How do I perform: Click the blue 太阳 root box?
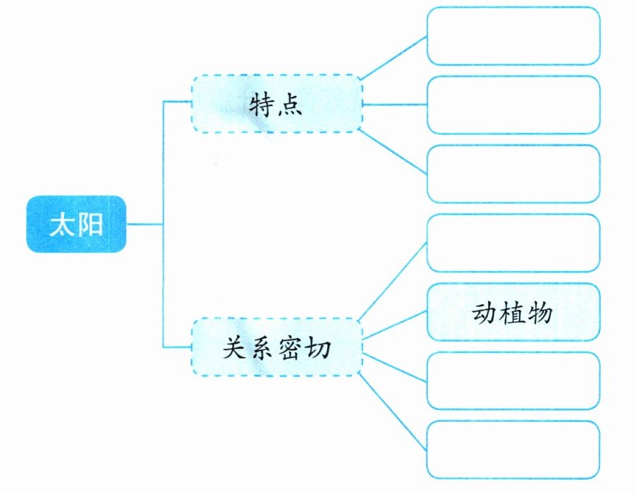(76, 225)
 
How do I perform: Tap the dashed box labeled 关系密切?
(276, 347)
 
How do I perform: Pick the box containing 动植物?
(513, 312)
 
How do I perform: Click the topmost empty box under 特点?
(513, 36)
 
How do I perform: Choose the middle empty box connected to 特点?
(513, 105)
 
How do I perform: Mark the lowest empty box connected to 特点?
(513, 173)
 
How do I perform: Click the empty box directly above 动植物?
(513, 244)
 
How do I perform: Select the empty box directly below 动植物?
(513, 381)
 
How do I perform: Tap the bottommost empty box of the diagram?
(513, 449)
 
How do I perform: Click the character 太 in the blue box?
(61, 225)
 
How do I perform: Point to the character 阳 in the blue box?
(91, 225)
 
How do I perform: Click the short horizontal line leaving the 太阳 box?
(145, 225)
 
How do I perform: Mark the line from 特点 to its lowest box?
(393, 152)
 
